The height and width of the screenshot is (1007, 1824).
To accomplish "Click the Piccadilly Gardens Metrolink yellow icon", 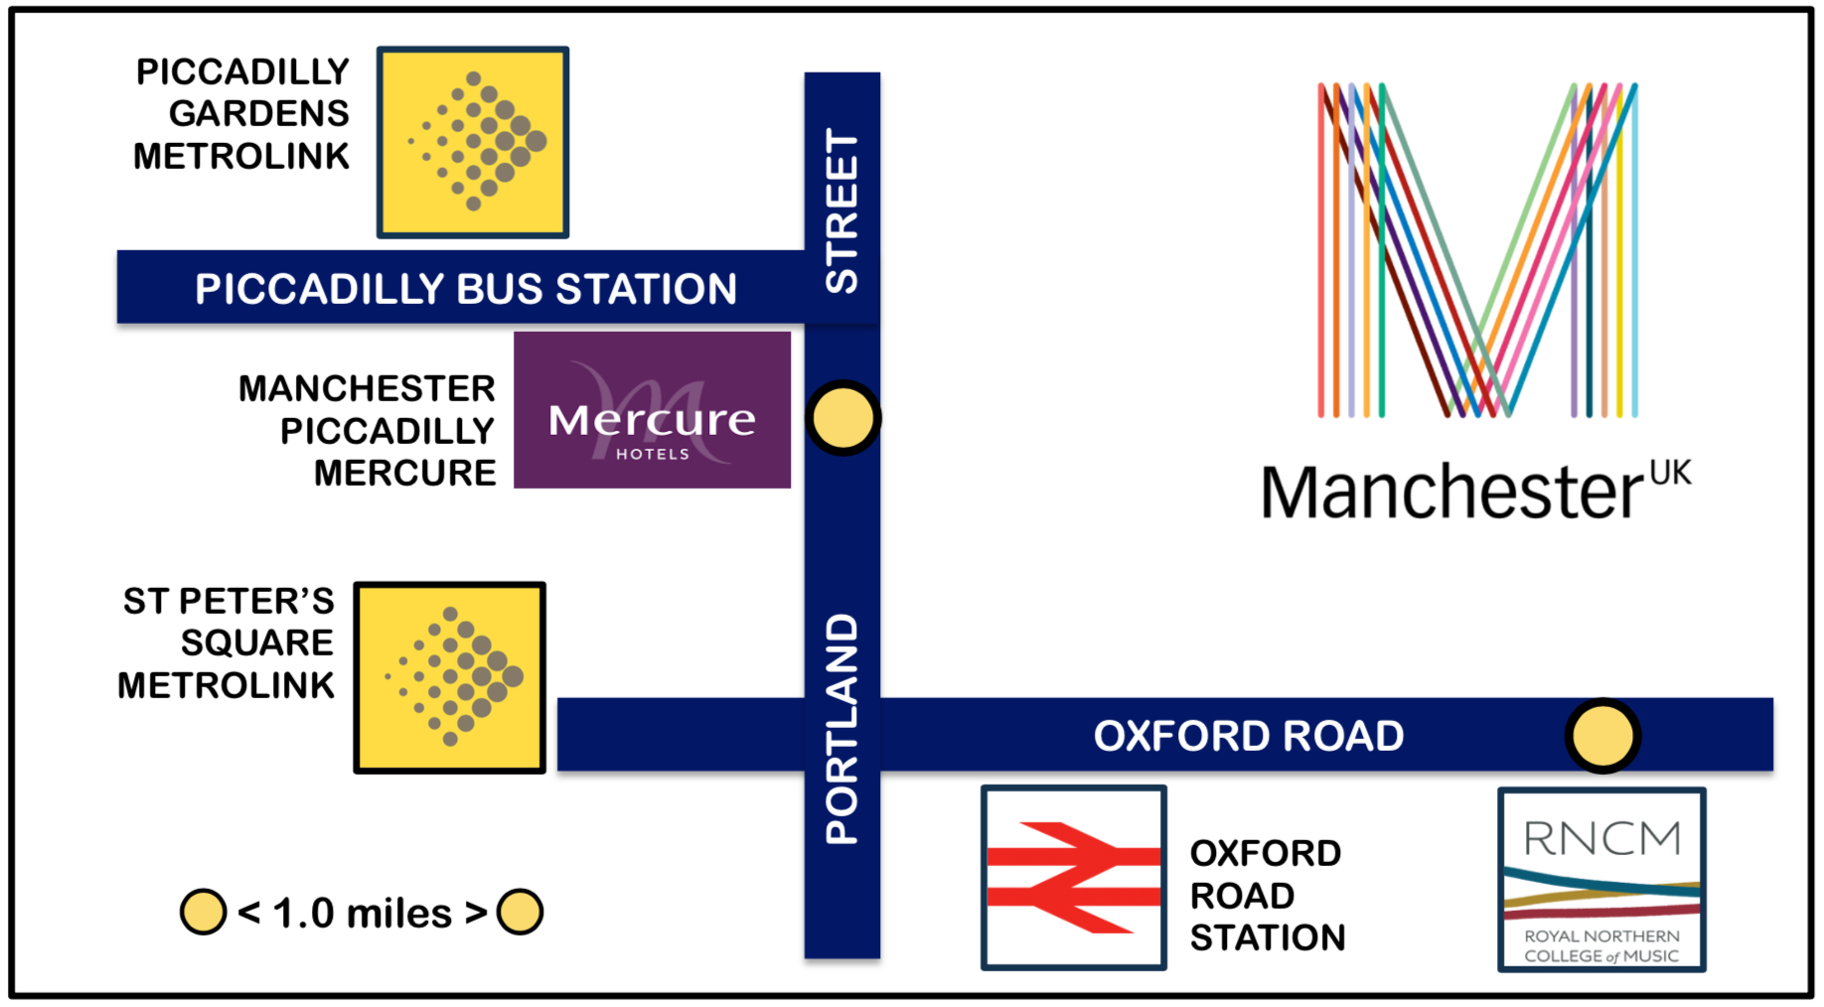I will [473, 142].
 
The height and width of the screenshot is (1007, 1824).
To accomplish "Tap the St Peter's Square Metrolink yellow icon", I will [450, 677].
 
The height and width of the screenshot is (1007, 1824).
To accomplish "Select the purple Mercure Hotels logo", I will [652, 410].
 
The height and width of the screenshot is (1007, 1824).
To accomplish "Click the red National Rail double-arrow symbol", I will [1073, 877].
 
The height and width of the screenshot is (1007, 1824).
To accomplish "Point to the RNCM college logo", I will [1601, 880].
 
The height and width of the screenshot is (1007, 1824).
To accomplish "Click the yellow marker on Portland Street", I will [842, 418].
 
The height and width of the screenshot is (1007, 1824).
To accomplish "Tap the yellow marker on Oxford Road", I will [1602, 736].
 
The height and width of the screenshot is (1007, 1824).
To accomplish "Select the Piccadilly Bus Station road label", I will [466, 289].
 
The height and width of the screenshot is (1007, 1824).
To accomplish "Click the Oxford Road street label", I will [1249, 736].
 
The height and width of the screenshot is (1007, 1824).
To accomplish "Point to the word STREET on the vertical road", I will [842, 212].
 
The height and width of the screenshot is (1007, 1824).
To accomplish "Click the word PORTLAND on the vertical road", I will [842, 729].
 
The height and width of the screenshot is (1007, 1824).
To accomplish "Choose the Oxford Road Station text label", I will [1267, 895].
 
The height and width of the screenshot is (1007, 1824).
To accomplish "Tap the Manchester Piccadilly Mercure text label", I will [367, 430].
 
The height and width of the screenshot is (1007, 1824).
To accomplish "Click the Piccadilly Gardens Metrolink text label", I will [241, 113].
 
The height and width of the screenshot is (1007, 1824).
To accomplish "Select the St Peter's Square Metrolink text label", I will [227, 643].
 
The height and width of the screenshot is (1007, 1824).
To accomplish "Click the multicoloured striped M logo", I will [1477, 249].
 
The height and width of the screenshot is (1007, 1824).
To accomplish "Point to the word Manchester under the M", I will [1452, 493].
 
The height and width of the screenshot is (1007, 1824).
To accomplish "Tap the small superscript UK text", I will [1670, 473].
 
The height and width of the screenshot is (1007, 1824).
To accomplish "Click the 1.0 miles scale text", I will [362, 913].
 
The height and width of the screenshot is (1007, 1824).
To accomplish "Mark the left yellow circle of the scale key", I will [204, 912].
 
